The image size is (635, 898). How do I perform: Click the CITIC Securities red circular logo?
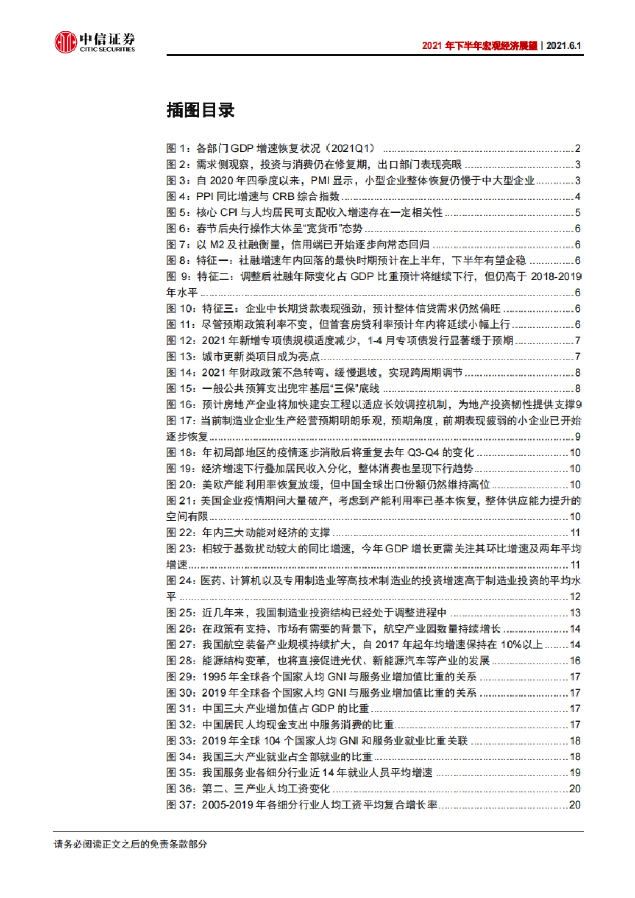[x=66, y=42]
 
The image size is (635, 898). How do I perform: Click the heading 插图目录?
[x=200, y=110]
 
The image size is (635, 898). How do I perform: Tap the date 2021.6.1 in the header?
[x=564, y=45]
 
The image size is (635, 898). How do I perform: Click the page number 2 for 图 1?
[x=578, y=149]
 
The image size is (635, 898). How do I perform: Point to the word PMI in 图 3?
[x=320, y=181]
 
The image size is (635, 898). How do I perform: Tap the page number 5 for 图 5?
[x=578, y=213]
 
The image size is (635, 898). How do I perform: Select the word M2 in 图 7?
[x=217, y=245]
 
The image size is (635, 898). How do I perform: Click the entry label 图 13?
[x=181, y=357]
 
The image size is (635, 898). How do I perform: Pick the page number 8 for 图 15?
[x=578, y=389]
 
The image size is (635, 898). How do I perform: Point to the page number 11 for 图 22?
[x=575, y=533]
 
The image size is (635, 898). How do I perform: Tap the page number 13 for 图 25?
[x=575, y=613]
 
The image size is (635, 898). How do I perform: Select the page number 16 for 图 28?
[x=575, y=661]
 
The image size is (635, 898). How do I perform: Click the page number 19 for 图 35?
[x=575, y=773]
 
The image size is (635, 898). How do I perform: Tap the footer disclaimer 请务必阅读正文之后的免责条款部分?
[x=131, y=845]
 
